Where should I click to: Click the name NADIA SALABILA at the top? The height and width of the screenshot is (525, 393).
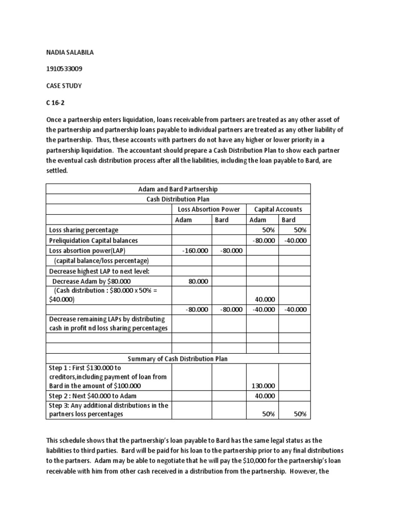point(71,52)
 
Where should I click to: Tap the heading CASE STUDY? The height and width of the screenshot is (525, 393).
point(64,86)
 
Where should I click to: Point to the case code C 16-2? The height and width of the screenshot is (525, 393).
point(57,102)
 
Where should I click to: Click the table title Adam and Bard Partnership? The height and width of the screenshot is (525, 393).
point(178,189)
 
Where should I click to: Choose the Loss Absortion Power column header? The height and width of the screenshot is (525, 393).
point(208,209)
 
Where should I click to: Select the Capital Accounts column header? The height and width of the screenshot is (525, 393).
point(278,209)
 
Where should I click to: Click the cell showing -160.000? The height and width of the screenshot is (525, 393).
point(195,250)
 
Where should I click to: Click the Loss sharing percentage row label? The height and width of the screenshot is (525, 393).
point(83,230)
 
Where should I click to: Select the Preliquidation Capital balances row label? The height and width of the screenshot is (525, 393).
point(93,240)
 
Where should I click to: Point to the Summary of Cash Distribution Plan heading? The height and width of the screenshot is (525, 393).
point(178,359)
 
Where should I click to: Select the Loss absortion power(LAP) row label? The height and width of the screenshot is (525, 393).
point(87,250)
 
